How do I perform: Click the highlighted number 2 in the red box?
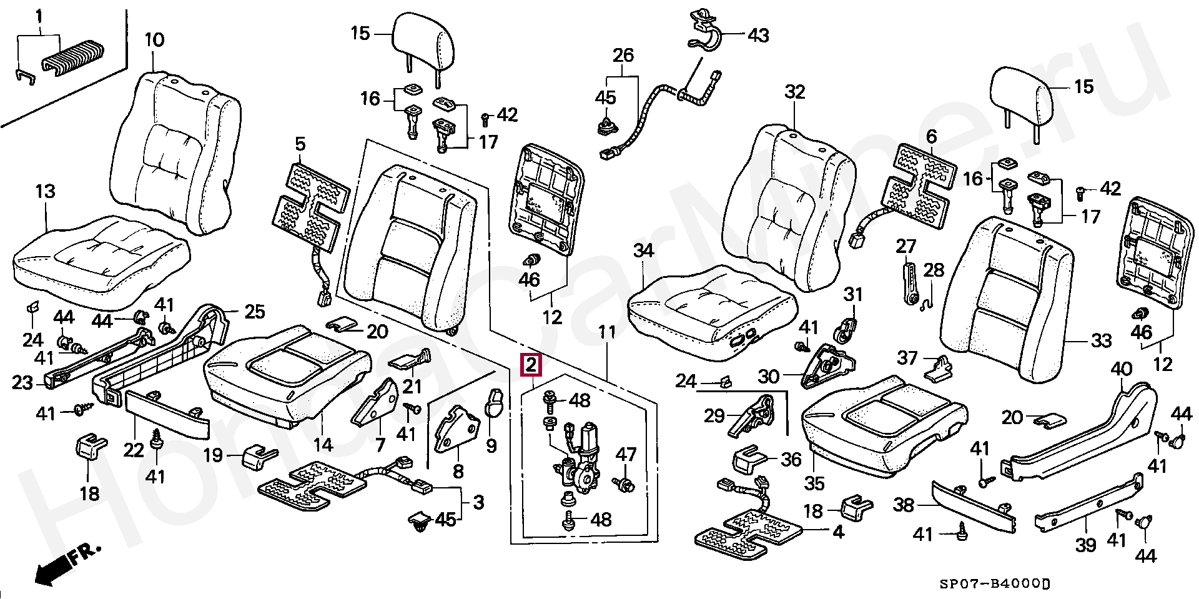(530, 365)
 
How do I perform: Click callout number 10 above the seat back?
(154, 41)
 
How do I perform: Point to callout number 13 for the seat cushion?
(45, 192)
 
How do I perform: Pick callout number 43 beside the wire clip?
(758, 35)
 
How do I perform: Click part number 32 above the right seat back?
(795, 92)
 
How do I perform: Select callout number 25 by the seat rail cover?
(254, 311)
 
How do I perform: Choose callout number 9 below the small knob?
(491, 446)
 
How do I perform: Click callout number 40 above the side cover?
(1121, 370)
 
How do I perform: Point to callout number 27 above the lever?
(905, 246)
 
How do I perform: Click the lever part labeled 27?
(910, 284)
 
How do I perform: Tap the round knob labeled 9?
(495, 403)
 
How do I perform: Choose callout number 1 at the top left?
(39, 14)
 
